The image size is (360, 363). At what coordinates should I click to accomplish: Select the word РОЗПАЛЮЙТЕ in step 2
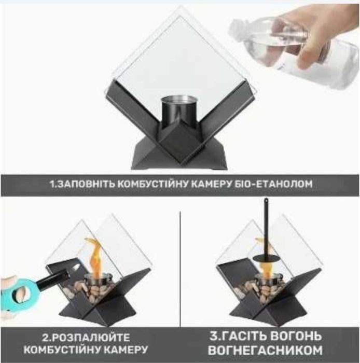91,338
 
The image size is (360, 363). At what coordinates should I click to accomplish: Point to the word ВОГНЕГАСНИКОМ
265,351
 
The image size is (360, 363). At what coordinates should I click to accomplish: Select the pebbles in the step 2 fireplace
93,290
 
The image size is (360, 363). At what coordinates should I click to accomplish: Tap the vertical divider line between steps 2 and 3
181,269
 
